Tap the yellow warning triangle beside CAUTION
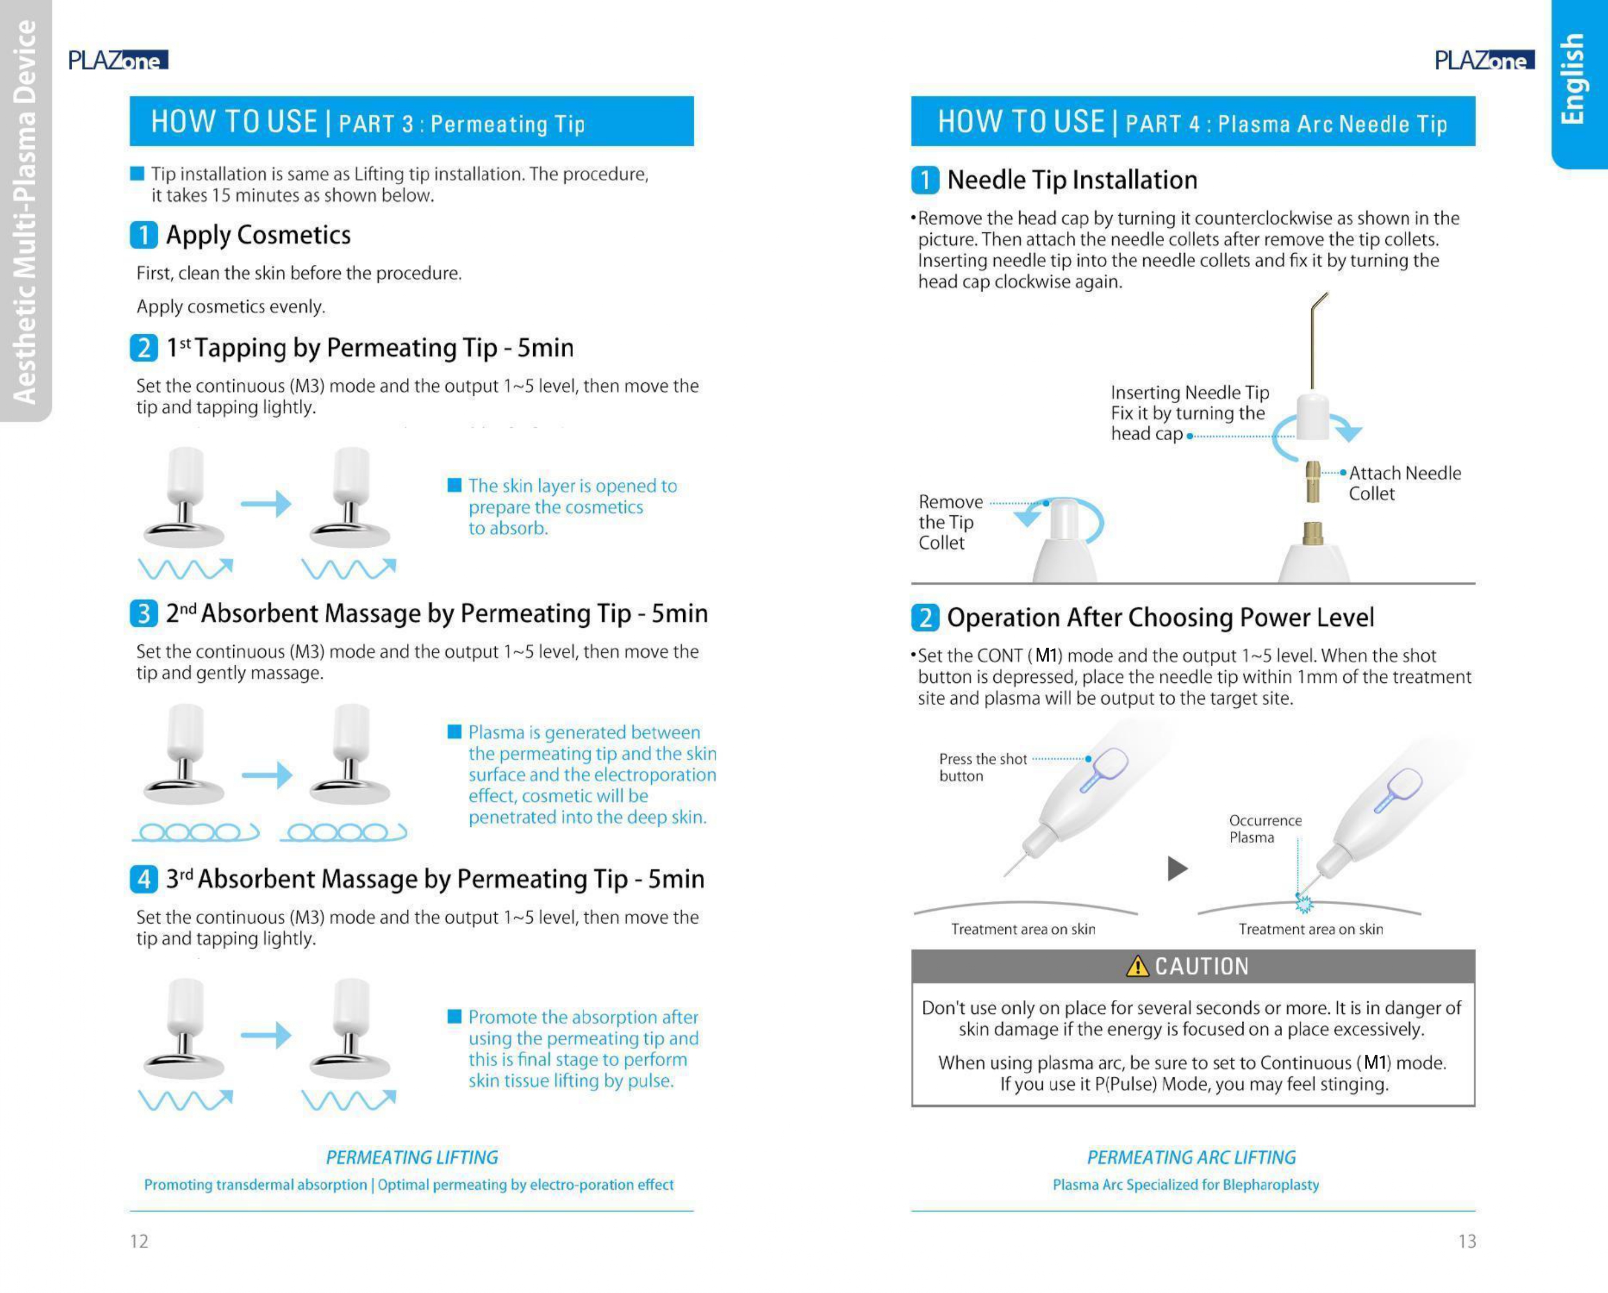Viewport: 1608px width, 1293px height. [1138, 966]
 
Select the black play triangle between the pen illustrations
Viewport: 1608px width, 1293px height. [1177, 868]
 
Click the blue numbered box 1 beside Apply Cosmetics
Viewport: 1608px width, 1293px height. [143, 235]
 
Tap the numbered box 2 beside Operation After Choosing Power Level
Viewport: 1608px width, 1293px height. [925, 618]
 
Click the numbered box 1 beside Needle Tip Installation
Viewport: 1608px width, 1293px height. [925, 180]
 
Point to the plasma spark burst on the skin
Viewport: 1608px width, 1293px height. [1304, 904]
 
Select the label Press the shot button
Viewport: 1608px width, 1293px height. [982, 767]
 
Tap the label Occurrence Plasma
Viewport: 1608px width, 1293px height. [1265, 828]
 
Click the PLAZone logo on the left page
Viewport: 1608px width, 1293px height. [118, 60]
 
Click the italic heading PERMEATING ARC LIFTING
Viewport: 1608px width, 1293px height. [1191, 1157]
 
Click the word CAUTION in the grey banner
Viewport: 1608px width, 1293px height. [1202, 966]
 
